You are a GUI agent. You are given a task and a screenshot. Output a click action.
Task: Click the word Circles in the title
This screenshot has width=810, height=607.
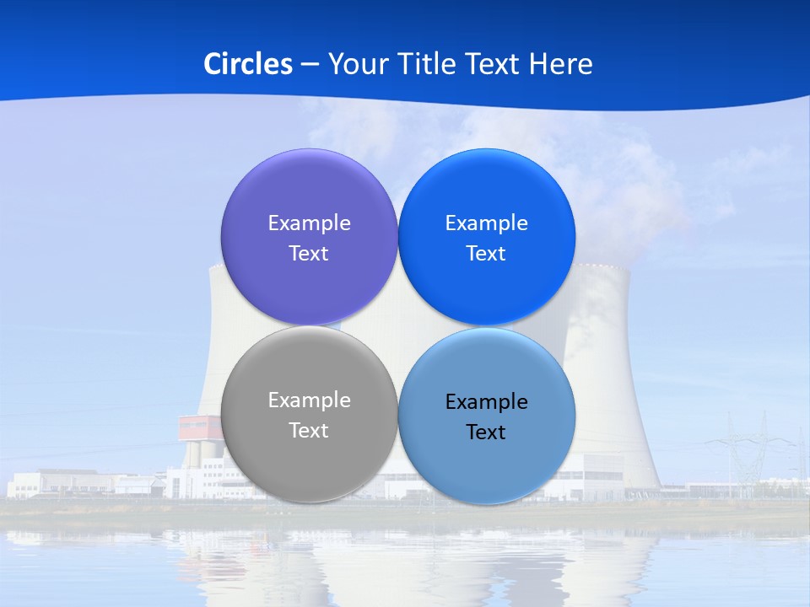[248, 64]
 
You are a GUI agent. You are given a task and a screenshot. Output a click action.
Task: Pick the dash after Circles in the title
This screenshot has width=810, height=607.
[309, 65]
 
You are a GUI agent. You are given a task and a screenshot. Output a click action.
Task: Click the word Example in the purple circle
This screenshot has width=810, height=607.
[309, 223]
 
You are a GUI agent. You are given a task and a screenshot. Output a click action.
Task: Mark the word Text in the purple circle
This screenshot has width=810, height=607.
[309, 253]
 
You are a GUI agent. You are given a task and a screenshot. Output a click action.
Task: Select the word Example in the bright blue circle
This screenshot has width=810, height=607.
[486, 223]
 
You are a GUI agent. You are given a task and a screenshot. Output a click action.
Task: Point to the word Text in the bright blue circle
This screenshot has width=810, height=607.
[486, 253]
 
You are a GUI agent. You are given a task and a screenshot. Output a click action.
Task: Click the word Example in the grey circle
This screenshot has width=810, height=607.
[309, 400]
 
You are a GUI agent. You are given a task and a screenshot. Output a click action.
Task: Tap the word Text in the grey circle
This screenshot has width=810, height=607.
[309, 430]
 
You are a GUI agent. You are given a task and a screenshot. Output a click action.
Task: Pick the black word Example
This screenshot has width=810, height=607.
[486, 401]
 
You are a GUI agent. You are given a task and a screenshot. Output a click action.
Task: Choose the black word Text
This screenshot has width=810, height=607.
[486, 432]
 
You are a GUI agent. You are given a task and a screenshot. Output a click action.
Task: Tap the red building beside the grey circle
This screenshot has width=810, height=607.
[199, 427]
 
